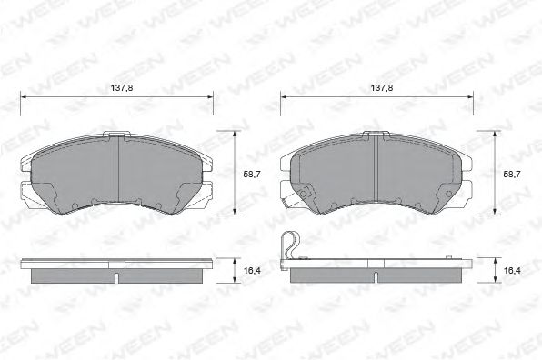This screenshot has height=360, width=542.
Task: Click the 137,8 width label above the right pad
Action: pos(381,89)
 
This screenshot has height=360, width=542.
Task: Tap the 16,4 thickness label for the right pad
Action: pos(513,270)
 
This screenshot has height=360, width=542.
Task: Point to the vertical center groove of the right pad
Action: pos(377,173)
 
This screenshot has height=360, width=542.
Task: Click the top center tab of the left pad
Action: pos(117,135)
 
